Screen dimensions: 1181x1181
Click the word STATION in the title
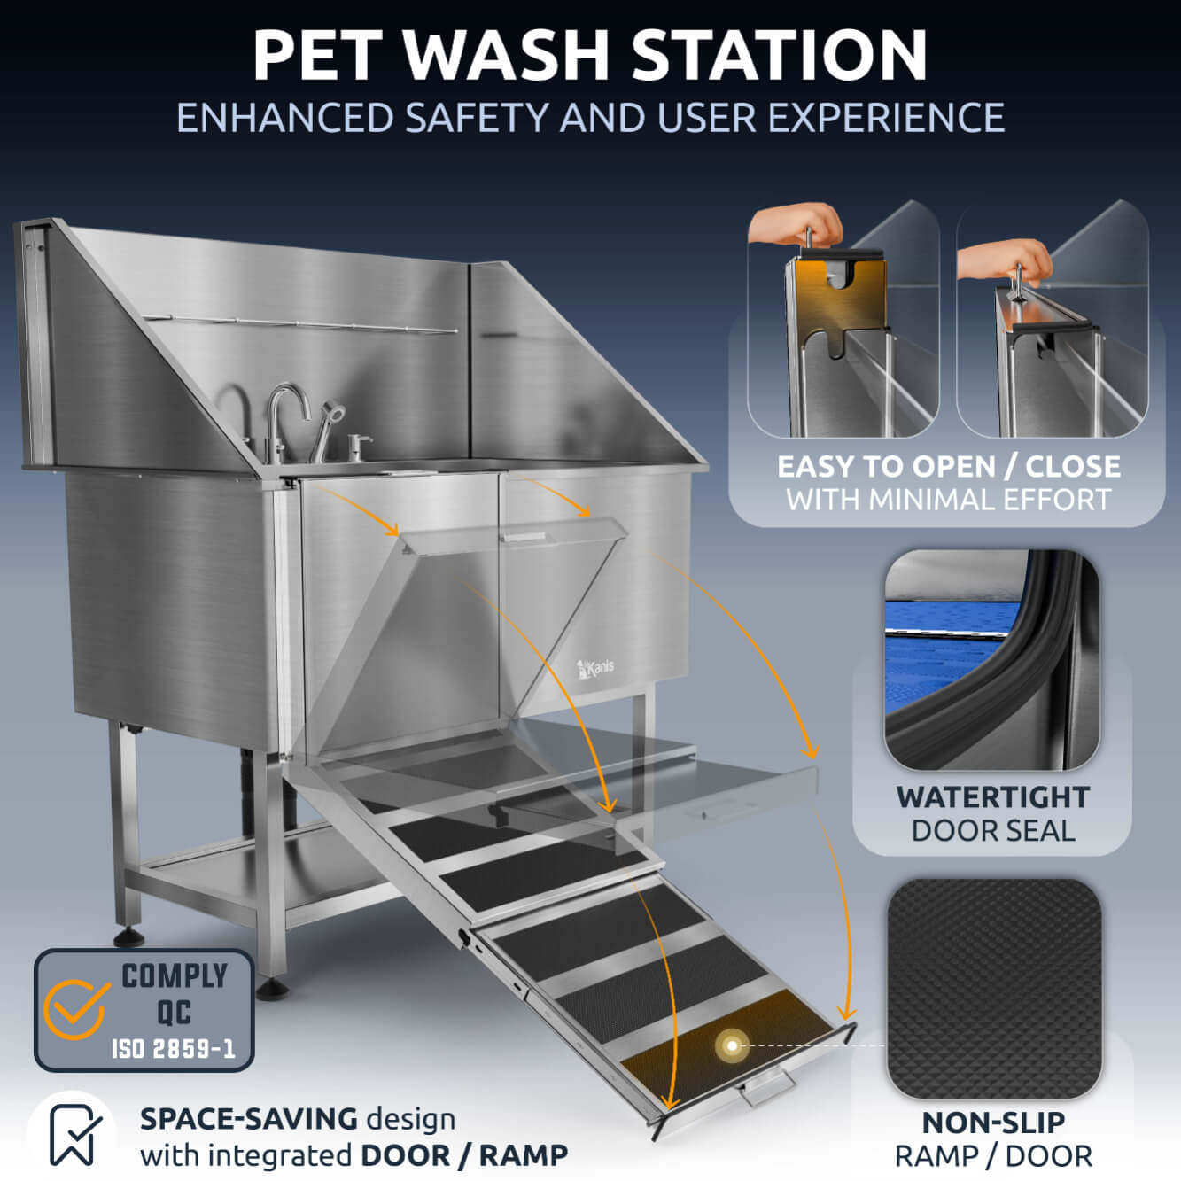coord(779,55)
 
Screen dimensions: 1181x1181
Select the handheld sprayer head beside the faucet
coord(332,413)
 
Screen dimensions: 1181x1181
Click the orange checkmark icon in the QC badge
coord(76,1008)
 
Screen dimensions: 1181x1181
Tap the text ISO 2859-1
coord(173,1049)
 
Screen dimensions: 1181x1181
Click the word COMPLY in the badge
coord(175,976)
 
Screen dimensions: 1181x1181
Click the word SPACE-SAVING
coord(248,1119)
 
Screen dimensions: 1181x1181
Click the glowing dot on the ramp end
coord(732,1045)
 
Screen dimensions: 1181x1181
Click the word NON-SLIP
coord(993,1123)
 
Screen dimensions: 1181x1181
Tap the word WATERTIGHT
coord(992,796)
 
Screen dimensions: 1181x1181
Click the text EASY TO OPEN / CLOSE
coord(948,466)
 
